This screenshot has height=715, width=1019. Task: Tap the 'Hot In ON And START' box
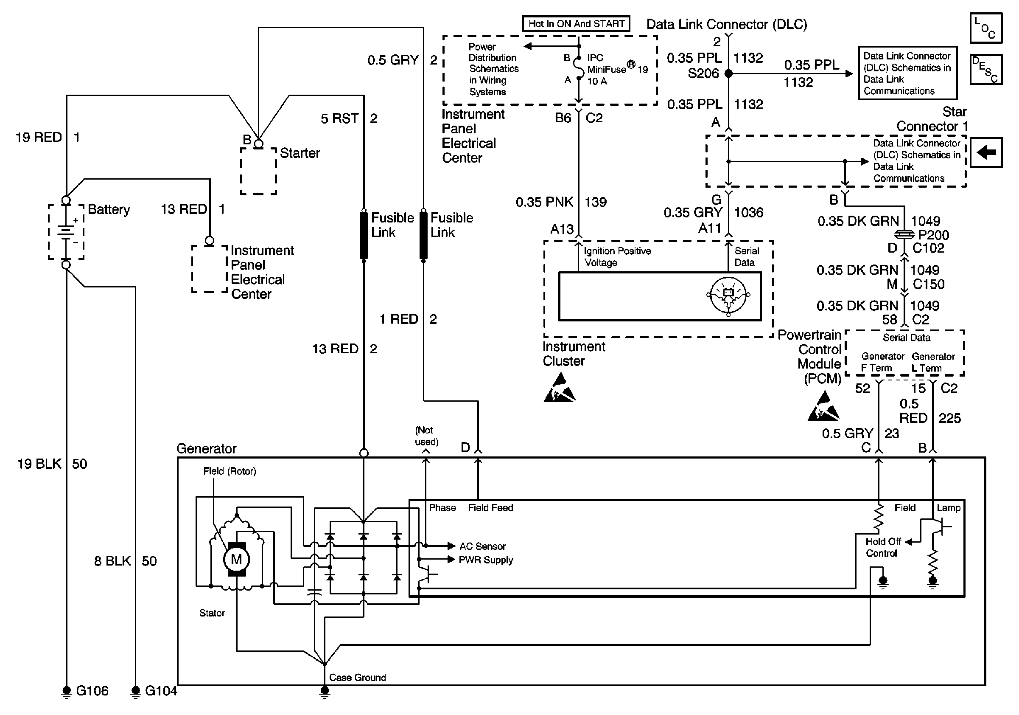coord(576,24)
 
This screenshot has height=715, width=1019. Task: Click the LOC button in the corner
coord(986,28)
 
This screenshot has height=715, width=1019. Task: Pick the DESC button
coord(986,69)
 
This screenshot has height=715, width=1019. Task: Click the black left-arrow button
coord(986,152)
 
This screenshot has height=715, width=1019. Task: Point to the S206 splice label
coord(703,73)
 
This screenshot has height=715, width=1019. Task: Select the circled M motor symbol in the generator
coord(236,559)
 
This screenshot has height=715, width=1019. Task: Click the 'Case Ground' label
coord(357,677)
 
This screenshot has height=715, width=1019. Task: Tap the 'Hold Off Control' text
coord(883,548)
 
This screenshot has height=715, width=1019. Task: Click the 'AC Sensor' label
coord(482,546)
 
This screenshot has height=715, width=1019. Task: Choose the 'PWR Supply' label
coord(486,560)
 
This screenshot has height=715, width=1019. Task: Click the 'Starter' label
coord(300,153)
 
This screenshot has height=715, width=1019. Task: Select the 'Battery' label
coord(109,209)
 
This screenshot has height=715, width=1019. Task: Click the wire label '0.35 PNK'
coord(544,203)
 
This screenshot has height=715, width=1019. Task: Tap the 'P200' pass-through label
coord(933,234)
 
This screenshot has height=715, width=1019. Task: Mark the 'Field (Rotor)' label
coord(230,471)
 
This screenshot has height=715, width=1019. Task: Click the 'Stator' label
coord(212,613)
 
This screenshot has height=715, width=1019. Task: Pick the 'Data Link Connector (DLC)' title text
coord(727,25)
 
